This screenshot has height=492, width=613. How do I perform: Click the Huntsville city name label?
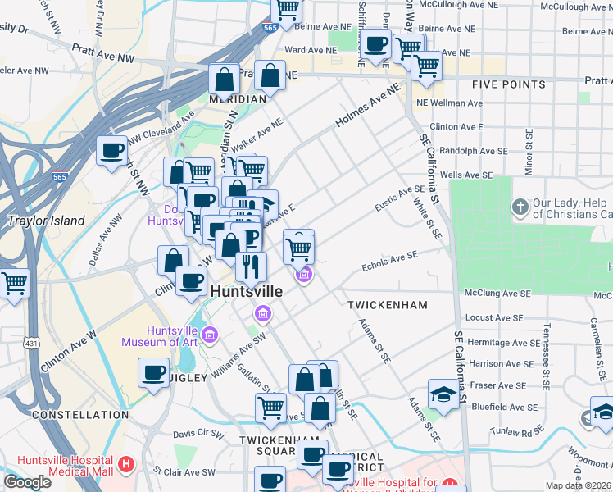point(247,291)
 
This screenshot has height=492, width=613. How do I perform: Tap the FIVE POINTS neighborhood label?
point(508,84)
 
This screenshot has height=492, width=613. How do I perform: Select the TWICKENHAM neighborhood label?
point(388,304)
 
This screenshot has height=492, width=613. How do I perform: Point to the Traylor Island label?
point(46,221)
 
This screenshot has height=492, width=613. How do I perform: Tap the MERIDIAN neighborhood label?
point(238,99)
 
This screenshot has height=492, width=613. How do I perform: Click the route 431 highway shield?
point(30,342)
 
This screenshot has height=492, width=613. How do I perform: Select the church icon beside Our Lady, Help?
point(519,206)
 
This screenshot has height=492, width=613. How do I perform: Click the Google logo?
point(27,482)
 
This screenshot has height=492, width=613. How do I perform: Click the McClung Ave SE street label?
point(497,293)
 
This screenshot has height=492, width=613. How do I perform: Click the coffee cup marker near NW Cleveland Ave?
point(111,150)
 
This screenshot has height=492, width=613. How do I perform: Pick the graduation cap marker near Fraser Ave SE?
point(443,394)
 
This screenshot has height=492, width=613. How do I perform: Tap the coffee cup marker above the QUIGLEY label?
point(153,373)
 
